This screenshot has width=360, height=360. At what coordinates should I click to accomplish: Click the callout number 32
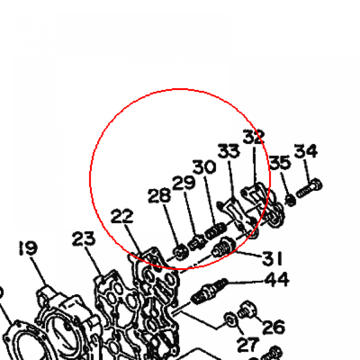[254, 137]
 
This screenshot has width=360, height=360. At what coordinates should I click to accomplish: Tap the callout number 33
[229, 151]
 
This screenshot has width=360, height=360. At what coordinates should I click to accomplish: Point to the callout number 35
[280, 163]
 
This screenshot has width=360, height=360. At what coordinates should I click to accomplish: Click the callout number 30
[204, 167]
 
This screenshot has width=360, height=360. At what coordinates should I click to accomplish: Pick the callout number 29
[184, 183]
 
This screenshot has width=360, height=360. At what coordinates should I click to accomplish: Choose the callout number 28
[159, 195]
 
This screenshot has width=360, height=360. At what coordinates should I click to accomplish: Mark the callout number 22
[122, 216]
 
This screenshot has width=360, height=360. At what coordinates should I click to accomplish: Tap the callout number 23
[84, 239]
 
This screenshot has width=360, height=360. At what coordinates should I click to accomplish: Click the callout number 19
[28, 248]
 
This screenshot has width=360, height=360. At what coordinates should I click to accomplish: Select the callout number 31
[272, 258]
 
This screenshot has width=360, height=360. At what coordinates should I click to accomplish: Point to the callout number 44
[277, 279]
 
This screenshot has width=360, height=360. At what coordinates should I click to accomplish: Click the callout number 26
[274, 327]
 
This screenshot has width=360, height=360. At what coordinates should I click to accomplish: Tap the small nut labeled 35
[290, 200]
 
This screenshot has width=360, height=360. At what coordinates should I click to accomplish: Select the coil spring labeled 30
[216, 231]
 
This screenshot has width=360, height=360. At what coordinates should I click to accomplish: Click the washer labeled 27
[230, 319]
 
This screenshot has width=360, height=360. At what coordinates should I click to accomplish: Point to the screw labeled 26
[246, 309]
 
